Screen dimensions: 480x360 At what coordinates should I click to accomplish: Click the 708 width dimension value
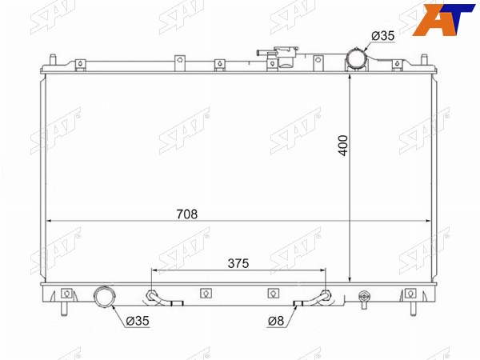point(187,214)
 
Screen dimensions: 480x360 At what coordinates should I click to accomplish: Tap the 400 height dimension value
point(343,146)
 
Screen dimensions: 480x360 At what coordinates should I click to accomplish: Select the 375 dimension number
point(238,263)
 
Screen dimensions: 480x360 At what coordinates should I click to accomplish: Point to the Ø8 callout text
point(276,321)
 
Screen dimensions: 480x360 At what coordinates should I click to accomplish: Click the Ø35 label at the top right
point(383,36)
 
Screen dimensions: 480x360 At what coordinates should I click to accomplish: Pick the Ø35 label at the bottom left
point(138,321)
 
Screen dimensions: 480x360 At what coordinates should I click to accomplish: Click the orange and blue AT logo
point(443,19)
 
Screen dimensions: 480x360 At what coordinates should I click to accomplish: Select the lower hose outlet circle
point(105,296)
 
